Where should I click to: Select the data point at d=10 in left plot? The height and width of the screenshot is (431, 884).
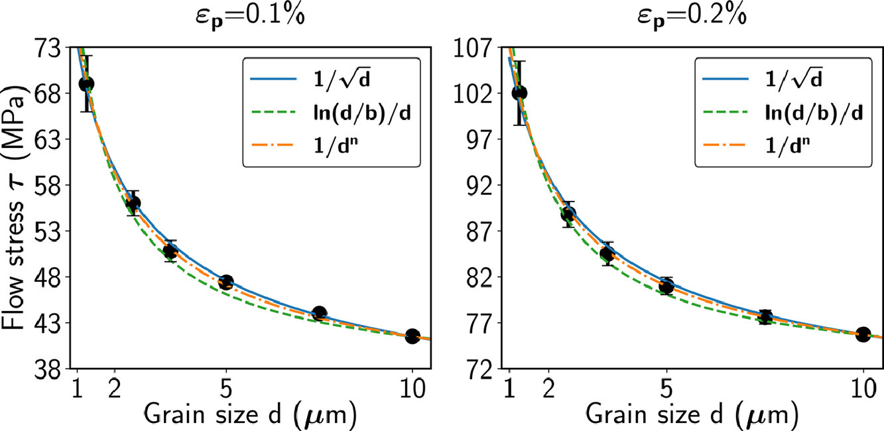412,336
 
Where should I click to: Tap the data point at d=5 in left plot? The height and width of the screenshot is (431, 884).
226,282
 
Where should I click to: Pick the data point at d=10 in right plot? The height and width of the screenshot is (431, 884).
863,334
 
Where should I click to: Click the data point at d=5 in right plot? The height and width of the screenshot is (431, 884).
666,286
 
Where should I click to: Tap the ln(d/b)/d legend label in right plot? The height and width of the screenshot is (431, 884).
802,113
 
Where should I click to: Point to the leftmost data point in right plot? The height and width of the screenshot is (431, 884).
520,92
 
